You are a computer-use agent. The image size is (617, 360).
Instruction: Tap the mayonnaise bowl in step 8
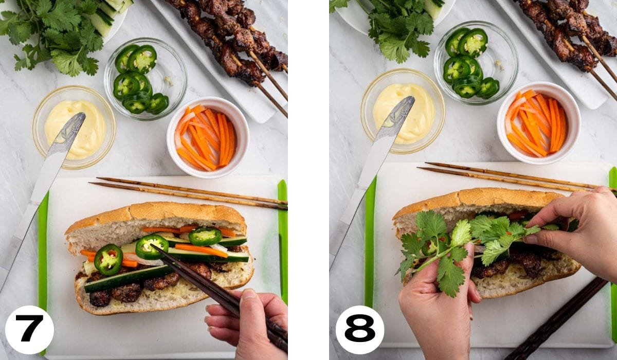(403, 111)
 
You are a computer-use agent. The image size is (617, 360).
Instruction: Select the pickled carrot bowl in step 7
(207, 137)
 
